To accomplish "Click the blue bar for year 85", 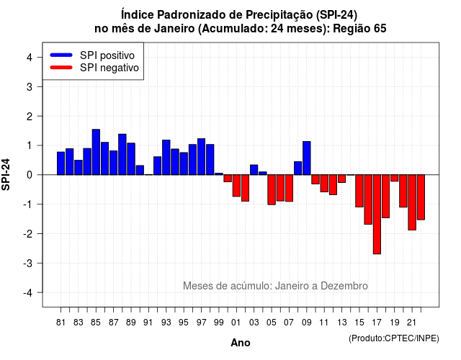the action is pos(96,152).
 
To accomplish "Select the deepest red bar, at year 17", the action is pos(377,215).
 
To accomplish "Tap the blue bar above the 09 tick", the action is pos(307,158).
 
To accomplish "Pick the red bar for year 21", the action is pos(412,202).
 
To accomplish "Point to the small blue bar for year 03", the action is pos(254,170).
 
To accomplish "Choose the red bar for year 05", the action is pos(272,189).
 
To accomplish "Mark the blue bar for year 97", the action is pos(202,157).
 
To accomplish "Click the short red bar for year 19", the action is pos(395,178).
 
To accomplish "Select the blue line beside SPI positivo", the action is pos(61,55).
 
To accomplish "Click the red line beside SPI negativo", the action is pos(61,68).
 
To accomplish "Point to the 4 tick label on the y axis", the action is pos(30,58).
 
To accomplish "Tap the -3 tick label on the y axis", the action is pos(28,263).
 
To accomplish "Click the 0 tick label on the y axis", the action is pos(30,175).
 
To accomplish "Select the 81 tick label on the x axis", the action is pos(61,323).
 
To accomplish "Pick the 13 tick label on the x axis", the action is pos(342,323).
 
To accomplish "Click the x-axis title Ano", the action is pos(241,343).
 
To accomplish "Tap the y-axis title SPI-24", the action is pos(6,174).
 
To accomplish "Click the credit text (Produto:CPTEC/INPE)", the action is pos(394,338).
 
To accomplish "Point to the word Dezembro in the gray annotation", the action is pos(344,286).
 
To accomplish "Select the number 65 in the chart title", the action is pos(380,29).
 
